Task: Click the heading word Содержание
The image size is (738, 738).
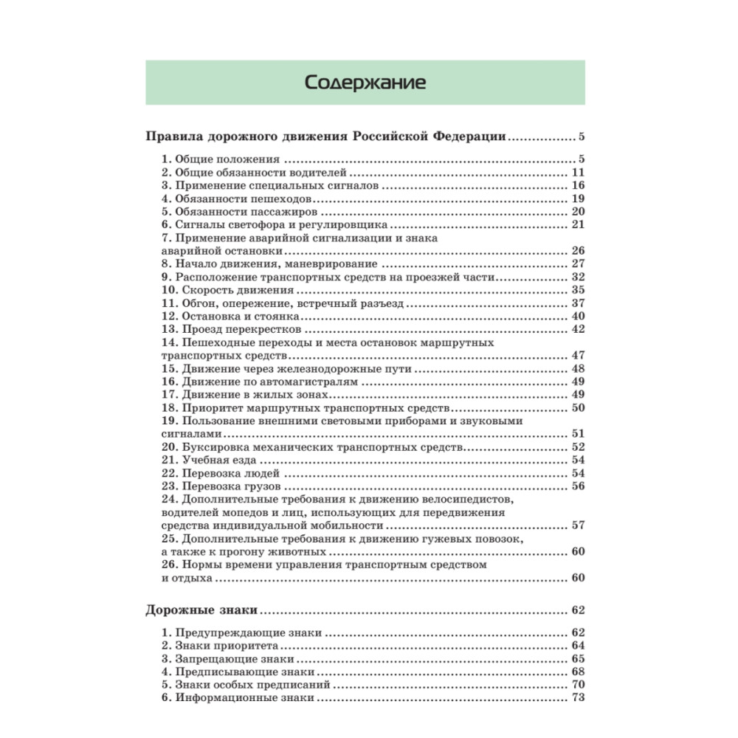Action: (x=365, y=82)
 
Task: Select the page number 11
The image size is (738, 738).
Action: (x=578, y=173)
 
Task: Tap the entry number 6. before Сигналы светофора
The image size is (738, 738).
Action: (x=166, y=225)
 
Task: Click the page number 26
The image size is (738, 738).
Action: (x=578, y=251)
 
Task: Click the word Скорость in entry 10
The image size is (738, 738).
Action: (x=204, y=290)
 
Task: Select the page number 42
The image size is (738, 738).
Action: (x=578, y=329)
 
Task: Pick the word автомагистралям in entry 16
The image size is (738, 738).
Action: (x=312, y=382)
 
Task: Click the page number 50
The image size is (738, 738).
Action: (x=578, y=407)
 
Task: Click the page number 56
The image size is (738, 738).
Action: (x=578, y=486)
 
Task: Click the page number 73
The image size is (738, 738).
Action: (x=578, y=698)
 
